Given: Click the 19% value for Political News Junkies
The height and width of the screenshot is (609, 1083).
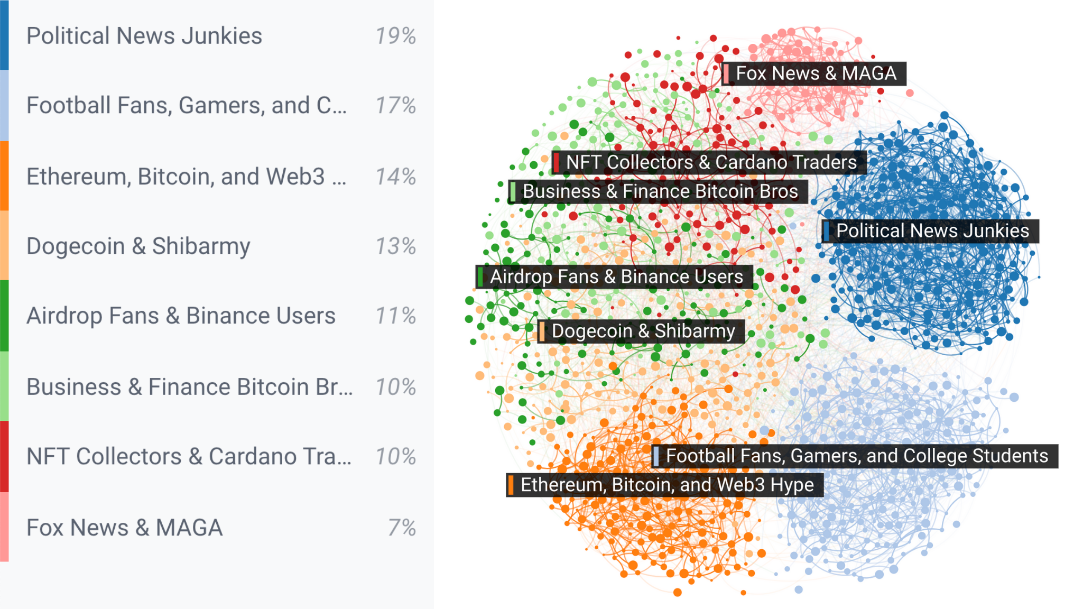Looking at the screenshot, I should [x=395, y=36].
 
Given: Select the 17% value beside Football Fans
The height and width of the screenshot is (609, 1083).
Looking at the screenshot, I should [x=395, y=105].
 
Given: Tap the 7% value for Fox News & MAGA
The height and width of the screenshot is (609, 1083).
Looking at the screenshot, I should [x=402, y=528].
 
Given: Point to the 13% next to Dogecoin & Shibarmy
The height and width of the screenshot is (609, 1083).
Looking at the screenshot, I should [x=395, y=246].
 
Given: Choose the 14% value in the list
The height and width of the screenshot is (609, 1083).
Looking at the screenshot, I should [x=395, y=177].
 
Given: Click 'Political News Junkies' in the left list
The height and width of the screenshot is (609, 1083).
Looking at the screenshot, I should [x=144, y=36].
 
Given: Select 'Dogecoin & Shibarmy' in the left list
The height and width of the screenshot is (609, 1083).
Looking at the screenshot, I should [x=138, y=246].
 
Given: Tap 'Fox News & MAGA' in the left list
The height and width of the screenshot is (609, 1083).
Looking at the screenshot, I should [x=125, y=528].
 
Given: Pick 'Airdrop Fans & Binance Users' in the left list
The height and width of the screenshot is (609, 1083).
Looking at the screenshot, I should [x=181, y=316].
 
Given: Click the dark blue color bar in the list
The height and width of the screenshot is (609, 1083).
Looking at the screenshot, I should [x=4, y=35].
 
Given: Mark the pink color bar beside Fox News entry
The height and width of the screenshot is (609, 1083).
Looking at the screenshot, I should [x=4, y=527].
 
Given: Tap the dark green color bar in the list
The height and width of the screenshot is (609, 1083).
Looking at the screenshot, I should [x=4, y=316].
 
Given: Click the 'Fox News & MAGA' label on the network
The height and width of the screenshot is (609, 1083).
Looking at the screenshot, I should [x=816, y=73].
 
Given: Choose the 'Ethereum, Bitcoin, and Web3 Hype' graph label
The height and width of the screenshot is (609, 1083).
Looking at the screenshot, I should [x=667, y=485].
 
